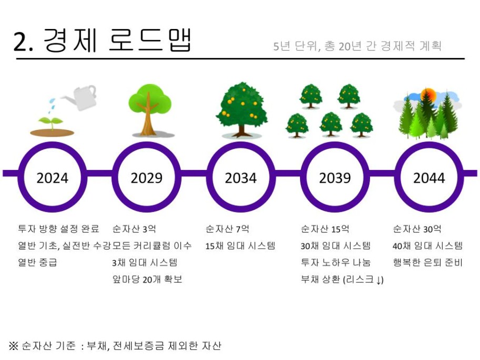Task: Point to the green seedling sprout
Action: tap(52, 123)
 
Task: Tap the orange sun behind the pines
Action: tap(428, 95)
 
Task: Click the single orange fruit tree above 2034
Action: tap(242, 109)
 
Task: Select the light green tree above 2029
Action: tap(149, 109)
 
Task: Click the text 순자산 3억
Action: tap(134, 228)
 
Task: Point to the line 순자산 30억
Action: tap(417, 228)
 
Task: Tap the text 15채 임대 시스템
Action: tap(241, 245)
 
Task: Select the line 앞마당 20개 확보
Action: tap(147, 279)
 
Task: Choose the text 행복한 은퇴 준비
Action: tap(428, 262)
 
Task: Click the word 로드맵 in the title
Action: tap(150, 40)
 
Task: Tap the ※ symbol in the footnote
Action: tap(14, 346)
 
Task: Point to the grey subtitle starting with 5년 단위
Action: tap(357, 46)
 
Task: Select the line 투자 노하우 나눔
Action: tap(336, 262)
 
